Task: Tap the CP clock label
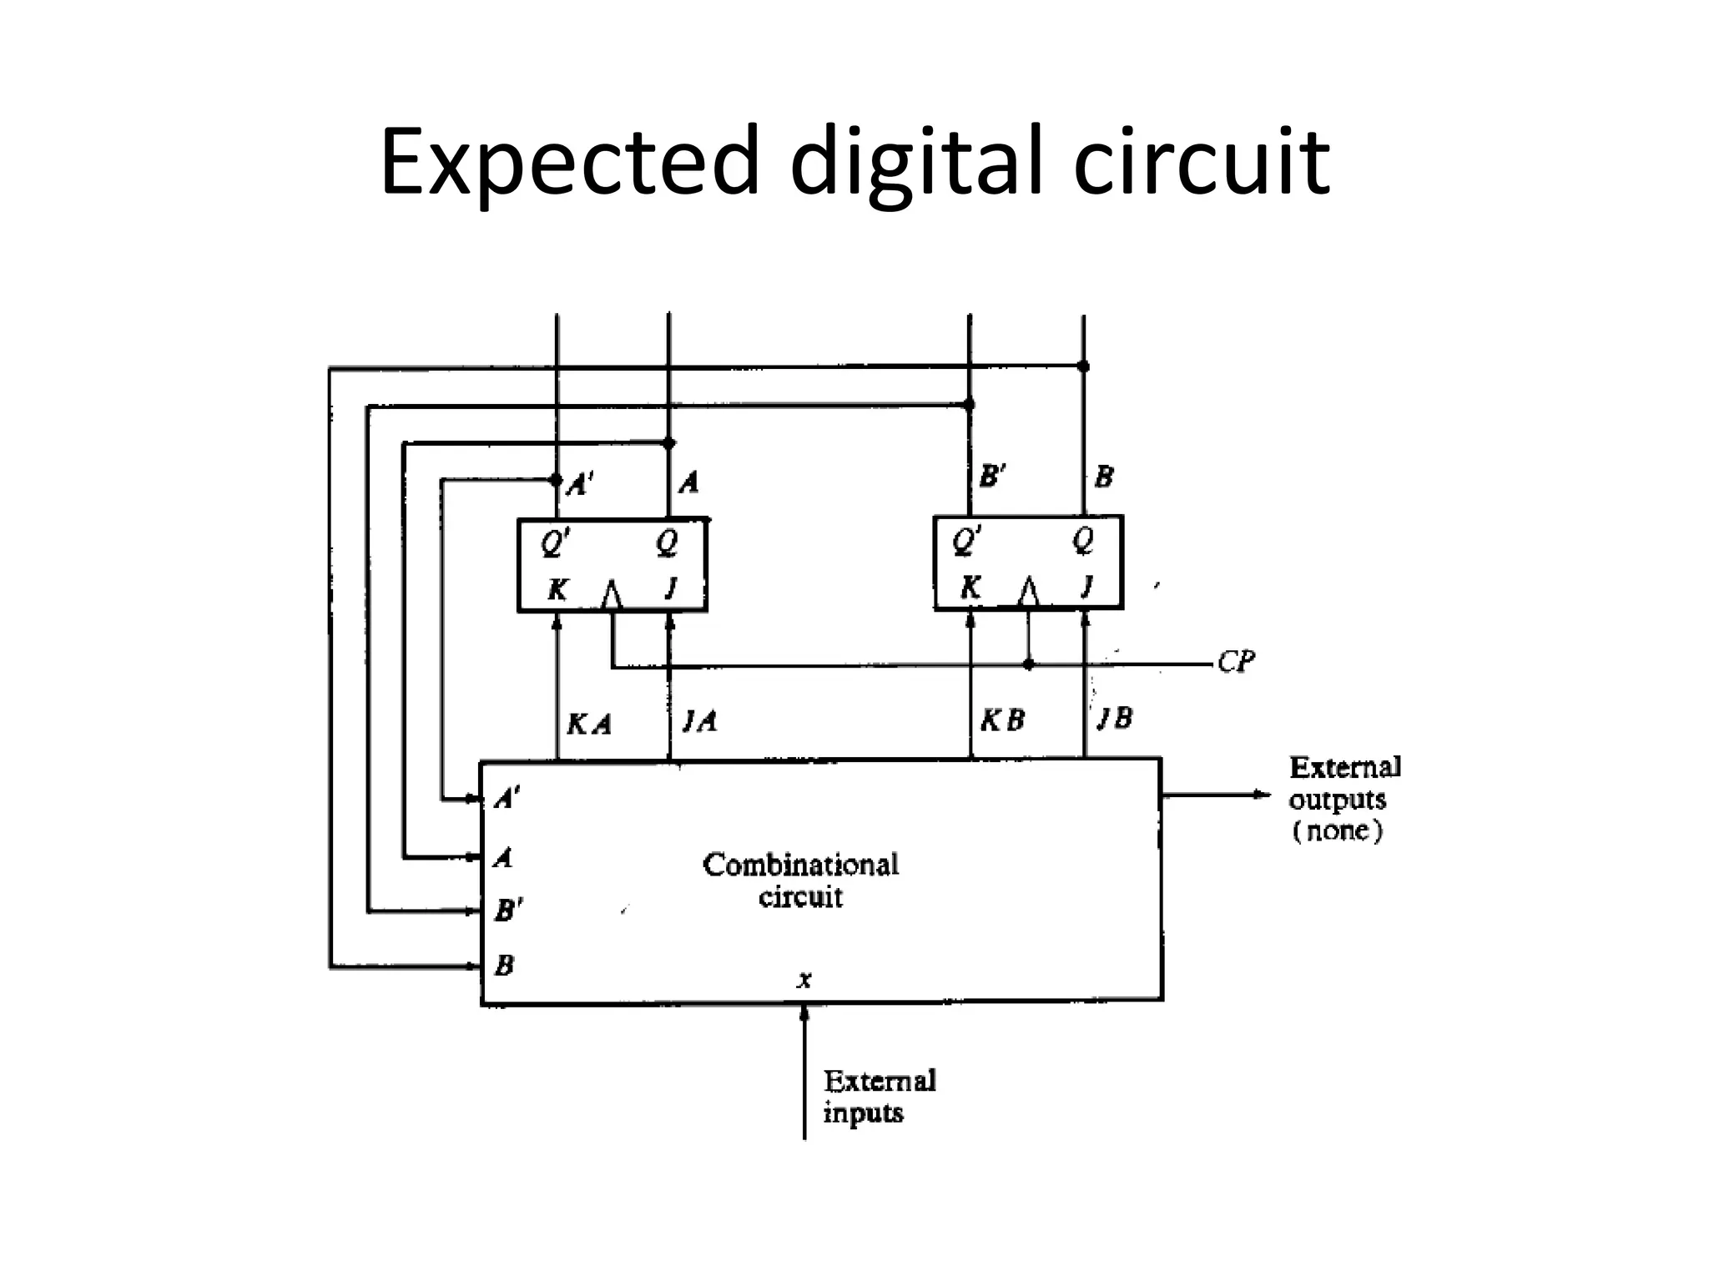click(1236, 662)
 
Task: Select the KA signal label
click(589, 724)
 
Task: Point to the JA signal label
click(699, 720)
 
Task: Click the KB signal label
click(1001, 720)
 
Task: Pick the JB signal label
click(1115, 718)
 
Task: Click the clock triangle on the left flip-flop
click(612, 595)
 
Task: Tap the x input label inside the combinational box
click(804, 980)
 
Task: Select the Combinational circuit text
click(800, 880)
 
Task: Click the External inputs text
click(879, 1096)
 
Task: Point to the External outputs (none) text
click(1344, 799)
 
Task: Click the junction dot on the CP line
click(1028, 664)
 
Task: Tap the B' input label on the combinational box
click(508, 910)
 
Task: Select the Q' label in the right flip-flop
click(967, 543)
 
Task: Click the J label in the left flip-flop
click(670, 589)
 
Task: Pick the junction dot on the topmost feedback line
click(1083, 366)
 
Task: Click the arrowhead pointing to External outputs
click(1262, 795)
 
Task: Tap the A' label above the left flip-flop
click(580, 484)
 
